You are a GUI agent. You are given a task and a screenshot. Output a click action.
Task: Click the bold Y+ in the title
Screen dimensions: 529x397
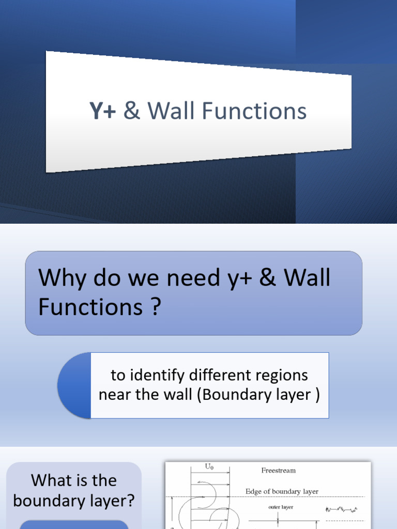[102, 112]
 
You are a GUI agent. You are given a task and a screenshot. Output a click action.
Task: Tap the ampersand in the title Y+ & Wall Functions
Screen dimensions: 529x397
[132, 112]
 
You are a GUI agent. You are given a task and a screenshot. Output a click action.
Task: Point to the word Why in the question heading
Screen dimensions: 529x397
[58, 279]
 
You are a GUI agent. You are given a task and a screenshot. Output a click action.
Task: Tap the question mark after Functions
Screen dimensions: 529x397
[155, 308]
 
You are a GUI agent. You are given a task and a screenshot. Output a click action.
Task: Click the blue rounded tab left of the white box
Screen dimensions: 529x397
[74, 385]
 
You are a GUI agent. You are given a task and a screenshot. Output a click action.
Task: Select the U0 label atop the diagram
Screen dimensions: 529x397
[209, 467]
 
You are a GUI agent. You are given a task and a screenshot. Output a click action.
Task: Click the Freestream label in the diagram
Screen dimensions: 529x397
[279, 471]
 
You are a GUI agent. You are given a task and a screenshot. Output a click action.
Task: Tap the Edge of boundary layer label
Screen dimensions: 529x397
[282, 492]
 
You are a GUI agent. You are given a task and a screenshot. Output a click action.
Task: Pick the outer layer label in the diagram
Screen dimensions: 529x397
[281, 507]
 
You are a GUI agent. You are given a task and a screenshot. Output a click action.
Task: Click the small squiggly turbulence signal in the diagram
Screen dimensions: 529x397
[342, 509]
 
